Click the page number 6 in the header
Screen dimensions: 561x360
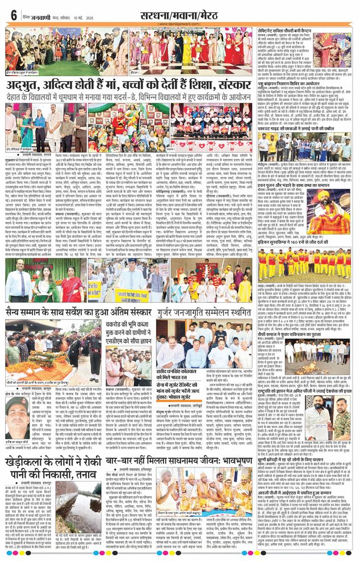[12, 15]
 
